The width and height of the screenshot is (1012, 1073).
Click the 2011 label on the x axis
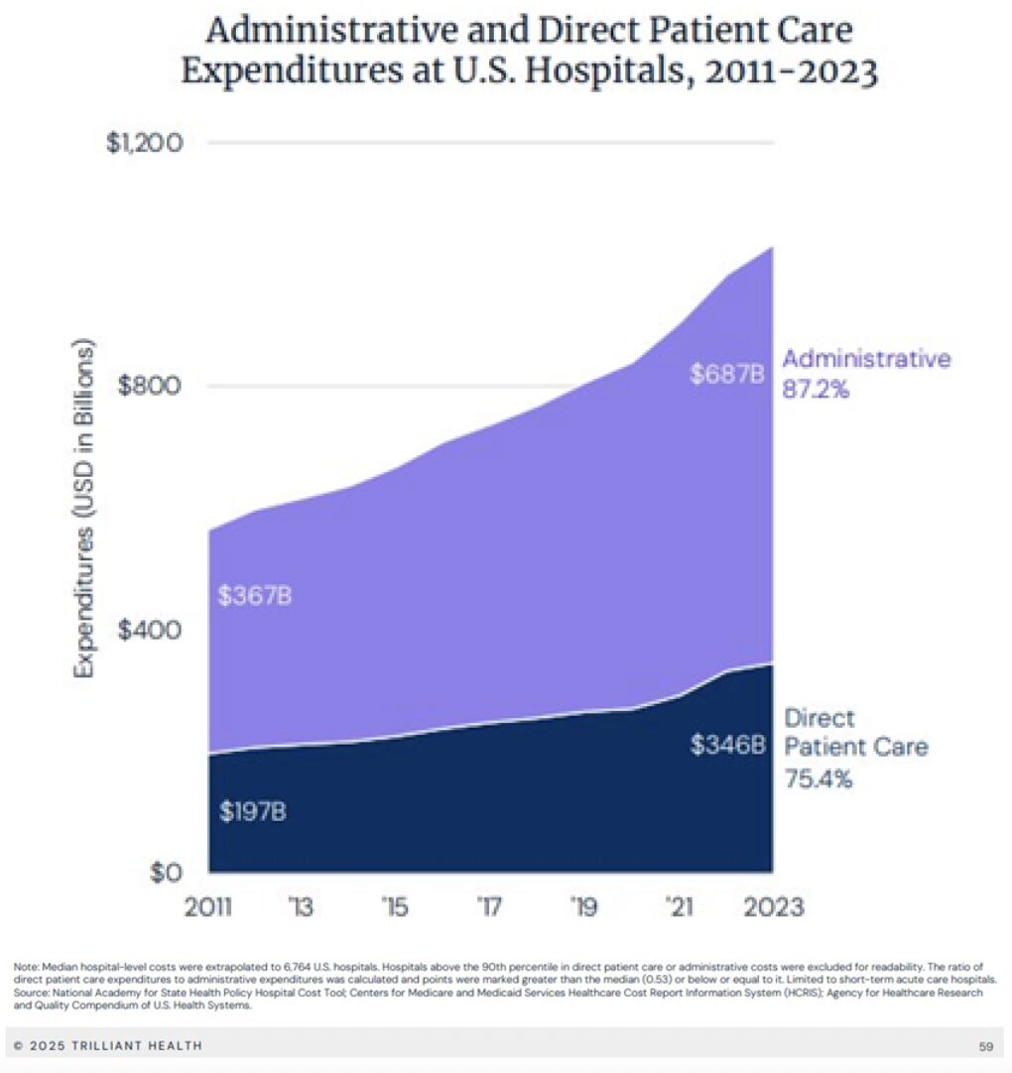tap(209, 906)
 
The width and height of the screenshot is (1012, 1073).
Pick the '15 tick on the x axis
tap(395, 906)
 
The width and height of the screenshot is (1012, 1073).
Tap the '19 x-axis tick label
tap(584, 906)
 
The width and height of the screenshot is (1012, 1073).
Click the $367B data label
tap(255, 597)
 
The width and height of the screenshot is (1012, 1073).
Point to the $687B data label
tap(728, 375)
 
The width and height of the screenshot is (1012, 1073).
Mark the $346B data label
tap(728, 744)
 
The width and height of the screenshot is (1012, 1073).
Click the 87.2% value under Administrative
tap(817, 390)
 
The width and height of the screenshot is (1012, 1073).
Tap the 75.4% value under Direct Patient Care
tap(819, 778)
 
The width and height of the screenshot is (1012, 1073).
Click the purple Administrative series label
tap(866, 358)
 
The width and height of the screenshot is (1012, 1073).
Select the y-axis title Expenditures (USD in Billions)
tap(86, 510)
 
